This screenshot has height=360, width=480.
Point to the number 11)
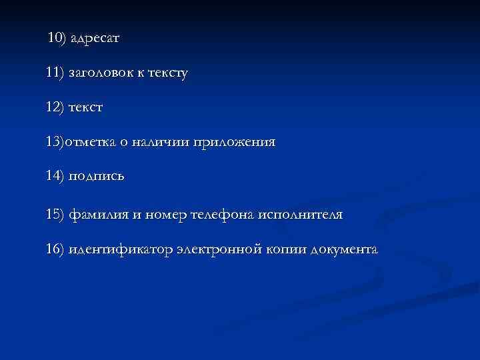[55, 73]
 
